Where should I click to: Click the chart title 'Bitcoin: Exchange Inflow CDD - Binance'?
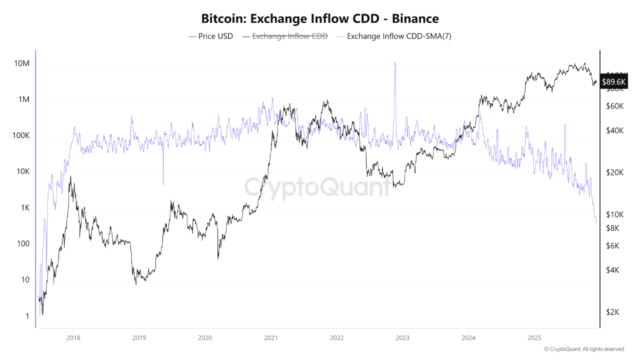click(320, 19)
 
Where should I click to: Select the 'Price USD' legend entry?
click(210, 36)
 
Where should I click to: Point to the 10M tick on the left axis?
click(21, 63)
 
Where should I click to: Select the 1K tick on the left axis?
click(23, 207)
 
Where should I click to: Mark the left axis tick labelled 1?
click(28, 316)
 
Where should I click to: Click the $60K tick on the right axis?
click(614, 106)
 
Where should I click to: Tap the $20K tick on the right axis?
click(614, 172)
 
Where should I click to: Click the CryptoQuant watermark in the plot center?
click(317, 187)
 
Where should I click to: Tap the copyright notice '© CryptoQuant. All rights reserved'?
click(584, 349)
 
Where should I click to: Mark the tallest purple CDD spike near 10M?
click(395, 64)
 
